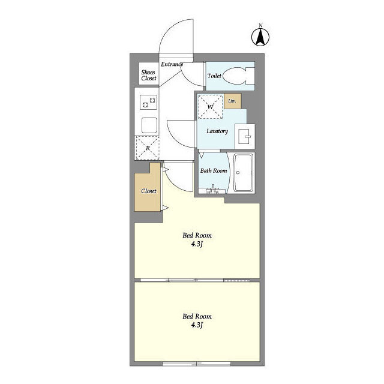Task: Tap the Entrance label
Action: (x=172, y=65)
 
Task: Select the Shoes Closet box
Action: (x=148, y=74)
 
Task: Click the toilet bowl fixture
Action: (x=241, y=77)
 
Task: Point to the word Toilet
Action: (x=214, y=76)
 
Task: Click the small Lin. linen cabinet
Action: (x=233, y=101)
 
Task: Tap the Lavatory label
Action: (x=217, y=131)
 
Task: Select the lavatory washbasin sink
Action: (x=245, y=136)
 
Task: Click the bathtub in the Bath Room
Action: (x=243, y=173)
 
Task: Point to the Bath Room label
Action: (x=214, y=171)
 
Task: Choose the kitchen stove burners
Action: (x=148, y=104)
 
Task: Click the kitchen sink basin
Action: (x=148, y=125)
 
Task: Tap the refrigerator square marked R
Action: (x=147, y=147)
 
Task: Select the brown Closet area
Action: (x=148, y=191)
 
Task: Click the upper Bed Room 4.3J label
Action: (x=197, y=240)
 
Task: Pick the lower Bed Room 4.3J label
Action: (x=197, y=320)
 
